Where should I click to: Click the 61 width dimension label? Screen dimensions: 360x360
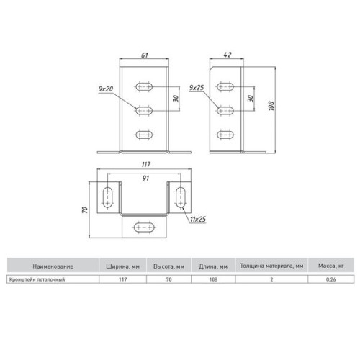click(x=145, y=55)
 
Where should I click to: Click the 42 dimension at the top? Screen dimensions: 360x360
click(x=228, y=55)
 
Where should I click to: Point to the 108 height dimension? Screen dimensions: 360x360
click(x=271, y=106)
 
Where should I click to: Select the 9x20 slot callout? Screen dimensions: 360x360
click(x=106, y=89)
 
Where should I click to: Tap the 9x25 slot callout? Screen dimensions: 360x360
click(x=197, y=88)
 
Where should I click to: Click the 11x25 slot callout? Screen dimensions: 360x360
click(x=198, y=219)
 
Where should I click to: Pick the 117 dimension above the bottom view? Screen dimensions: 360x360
click(x=145, y=165)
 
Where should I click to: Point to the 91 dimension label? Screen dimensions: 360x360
click(x=145, y=178)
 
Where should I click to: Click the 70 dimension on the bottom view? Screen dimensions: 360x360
click(x=85, y=210)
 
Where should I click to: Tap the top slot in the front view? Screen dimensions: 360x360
click(x=144, y=86)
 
